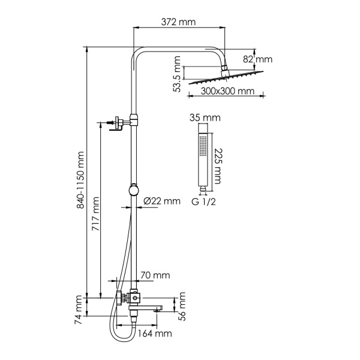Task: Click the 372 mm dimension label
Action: tap(179, 22)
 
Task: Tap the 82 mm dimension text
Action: tap(260, 59)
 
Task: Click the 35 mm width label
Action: tap(202, 117)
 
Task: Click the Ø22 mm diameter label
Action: tap(161, 202)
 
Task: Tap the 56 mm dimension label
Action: tap(182, 304)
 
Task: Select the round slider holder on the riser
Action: tap(133, 190)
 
